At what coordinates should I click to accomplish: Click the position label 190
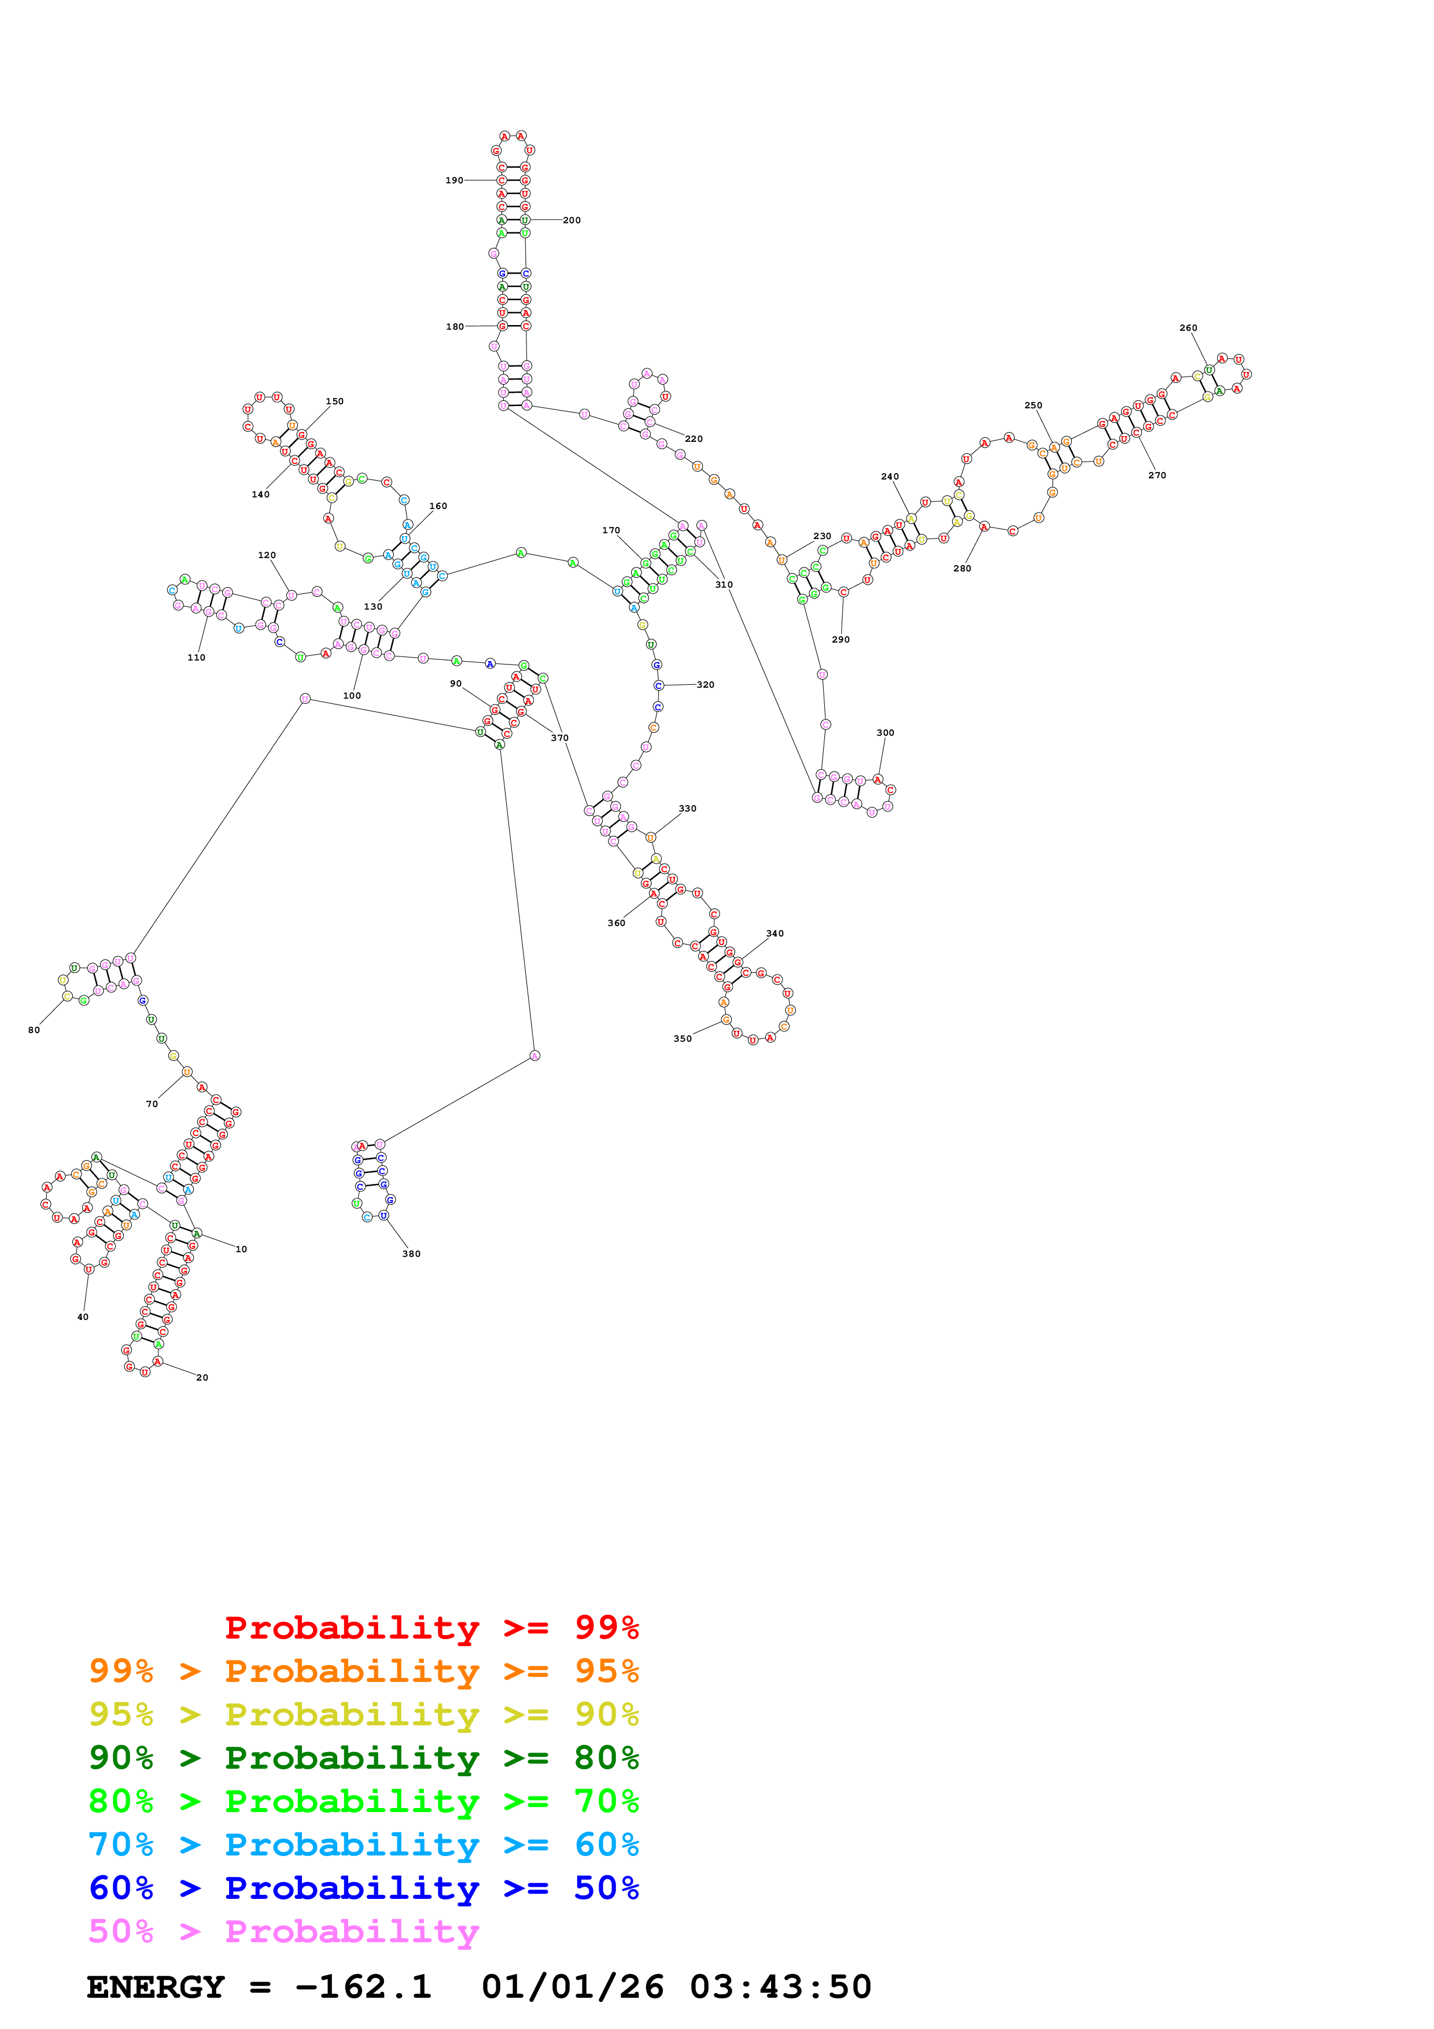point(454,180)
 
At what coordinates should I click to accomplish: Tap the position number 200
point(572,220)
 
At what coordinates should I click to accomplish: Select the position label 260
point(1188,328)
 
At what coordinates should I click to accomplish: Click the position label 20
point(202,1377)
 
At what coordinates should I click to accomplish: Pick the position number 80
point(34,1030)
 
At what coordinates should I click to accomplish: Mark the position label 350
point(682,1038)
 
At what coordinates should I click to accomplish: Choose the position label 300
point(884,733)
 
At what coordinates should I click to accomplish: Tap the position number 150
point(334,401)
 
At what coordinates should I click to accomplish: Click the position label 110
point(196,658)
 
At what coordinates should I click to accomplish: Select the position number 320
point(705,685)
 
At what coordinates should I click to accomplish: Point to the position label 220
point(694,438)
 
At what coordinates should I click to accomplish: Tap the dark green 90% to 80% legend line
point(363,1758)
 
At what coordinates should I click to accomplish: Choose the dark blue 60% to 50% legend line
point(363,1888)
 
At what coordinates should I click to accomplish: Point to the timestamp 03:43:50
point(780,1987)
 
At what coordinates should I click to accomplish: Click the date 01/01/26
point(573,1987)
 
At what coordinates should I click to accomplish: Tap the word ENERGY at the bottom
point(156,1987)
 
